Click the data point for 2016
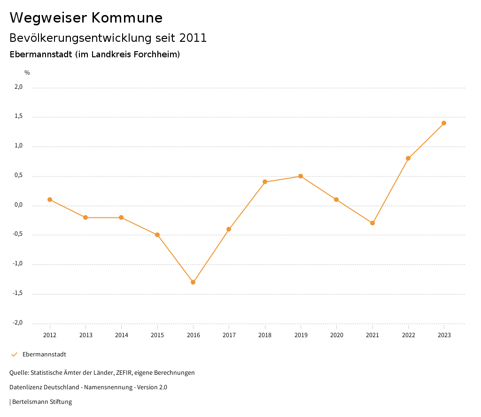(x=193, y=282)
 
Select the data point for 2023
(x=444, y=123)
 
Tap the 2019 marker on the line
(x=301, y=176)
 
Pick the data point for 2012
(x=50, y=200)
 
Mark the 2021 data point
(x=372, y=223)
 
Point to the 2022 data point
(x=408, y=158)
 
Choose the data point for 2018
(x=265, y=182)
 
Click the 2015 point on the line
(x=157, y=235)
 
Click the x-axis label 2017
(x=229, y=335)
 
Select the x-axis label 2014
(x=122, y=335)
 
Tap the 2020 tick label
(x=337, y=335)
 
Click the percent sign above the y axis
(x=27, y=73)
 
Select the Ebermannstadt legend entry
(x=44, y=355)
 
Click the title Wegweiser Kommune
(x=86, y=18)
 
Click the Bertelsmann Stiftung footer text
(x=42, y=402)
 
